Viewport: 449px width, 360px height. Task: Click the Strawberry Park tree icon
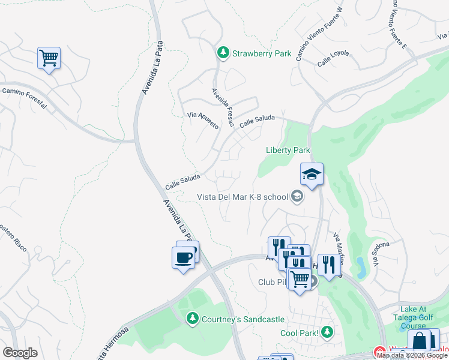point(223,53)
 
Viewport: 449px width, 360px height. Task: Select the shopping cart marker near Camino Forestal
point(49,59)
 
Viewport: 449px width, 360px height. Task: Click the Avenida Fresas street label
point(222,107)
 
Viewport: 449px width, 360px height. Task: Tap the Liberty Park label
point(288,150)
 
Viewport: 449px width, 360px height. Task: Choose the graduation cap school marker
point(312,175)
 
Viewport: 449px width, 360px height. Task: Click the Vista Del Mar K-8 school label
point(243,196)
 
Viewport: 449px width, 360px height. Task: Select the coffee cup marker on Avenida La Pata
point(184,258)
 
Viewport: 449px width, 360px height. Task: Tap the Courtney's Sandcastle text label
point(243,319)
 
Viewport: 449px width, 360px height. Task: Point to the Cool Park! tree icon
point(327,331)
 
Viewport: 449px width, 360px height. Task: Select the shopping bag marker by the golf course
point(420,341)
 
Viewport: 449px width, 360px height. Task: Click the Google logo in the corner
point(20,353)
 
